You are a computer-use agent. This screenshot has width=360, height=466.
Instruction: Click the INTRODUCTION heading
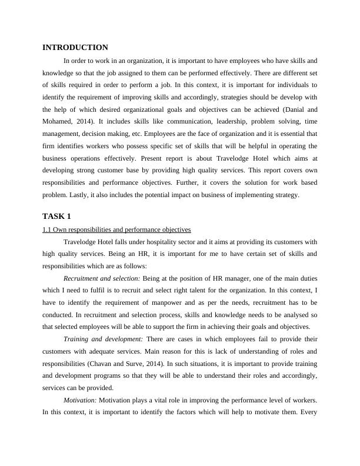pyautogui.click(x=75, y=48)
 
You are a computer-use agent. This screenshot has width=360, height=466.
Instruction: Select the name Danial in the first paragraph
pyautogui.click(x=292, y=109)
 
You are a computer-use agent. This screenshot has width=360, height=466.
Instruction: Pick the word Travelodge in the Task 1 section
pyautogui.click(x=84, y=241)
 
